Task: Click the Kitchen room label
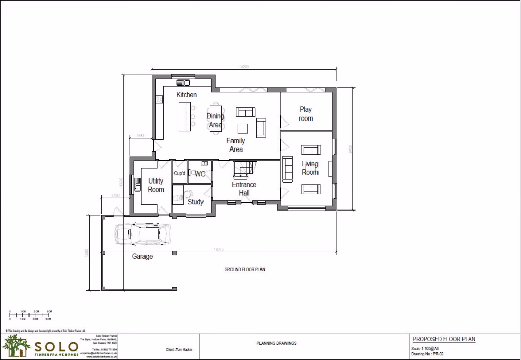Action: click(186, 95)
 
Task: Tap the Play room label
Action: click(306, 114)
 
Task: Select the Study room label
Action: click(195, 202)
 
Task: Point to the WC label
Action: click(200, 174)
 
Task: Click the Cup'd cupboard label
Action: click(180, 174)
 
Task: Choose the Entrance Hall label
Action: click(244, 189)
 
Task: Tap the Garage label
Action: click(142, 257)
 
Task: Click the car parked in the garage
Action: click(143, 234)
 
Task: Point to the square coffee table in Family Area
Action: click(243, 128)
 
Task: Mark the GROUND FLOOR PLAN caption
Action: click(245, 269)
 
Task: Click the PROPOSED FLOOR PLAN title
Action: click(444, 339)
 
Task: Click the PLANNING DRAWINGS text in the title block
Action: click(276, 343)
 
